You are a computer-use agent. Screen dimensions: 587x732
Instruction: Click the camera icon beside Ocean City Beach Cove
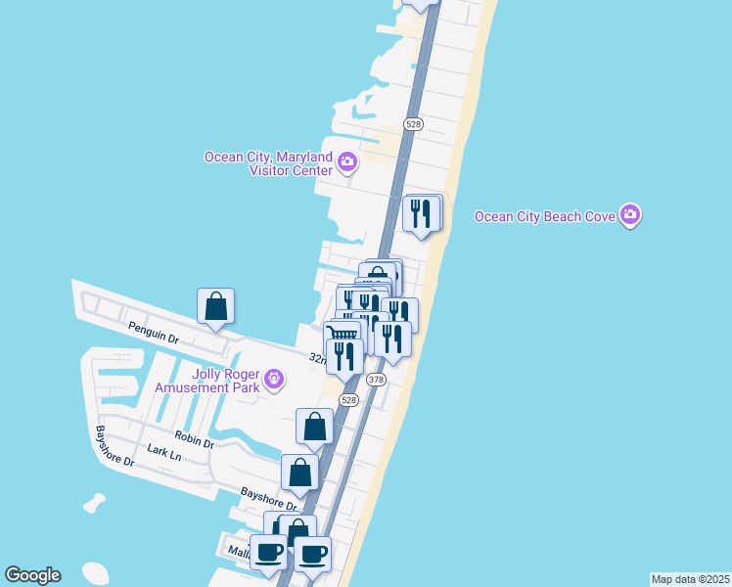coord(630,214)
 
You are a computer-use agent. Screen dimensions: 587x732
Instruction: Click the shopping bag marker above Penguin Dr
coord(216,306)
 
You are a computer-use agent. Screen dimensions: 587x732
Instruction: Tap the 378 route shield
coord(376,379)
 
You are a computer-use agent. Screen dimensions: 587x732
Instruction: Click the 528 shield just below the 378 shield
coord(349,400)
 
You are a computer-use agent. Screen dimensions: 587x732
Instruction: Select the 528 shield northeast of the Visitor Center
coord(413,123)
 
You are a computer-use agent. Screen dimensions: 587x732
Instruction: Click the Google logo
coord(32,575)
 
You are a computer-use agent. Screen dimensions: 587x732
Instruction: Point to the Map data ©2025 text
coord(690,579)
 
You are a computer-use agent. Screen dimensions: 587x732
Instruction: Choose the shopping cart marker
coord(343,337)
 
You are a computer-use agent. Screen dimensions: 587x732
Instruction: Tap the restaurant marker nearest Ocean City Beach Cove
coord(422,214)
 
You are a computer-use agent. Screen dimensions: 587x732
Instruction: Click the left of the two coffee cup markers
coord(269,553)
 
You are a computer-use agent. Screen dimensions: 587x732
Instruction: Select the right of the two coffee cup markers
coord(313,555)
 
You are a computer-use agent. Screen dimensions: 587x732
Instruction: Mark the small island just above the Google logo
coord(94,503)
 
